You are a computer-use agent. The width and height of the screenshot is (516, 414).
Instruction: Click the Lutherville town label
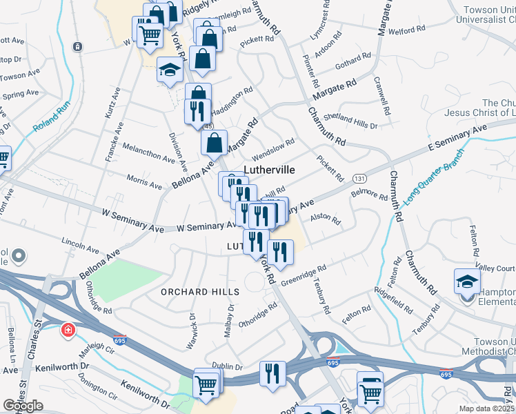(x=270, y=169)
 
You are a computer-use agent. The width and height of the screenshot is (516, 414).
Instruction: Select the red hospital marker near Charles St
(x=68, y=330)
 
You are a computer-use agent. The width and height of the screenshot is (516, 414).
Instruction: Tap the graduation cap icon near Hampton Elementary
(x=467, y=282)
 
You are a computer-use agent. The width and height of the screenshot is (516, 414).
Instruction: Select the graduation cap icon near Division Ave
(x=170, y=70)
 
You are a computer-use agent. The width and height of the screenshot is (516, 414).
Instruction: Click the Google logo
(x=23, y=406)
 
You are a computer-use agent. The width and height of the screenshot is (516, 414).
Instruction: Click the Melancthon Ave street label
(x=148, y=152)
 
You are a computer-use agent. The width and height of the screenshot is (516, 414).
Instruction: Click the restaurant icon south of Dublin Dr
(x=272, y=373)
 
